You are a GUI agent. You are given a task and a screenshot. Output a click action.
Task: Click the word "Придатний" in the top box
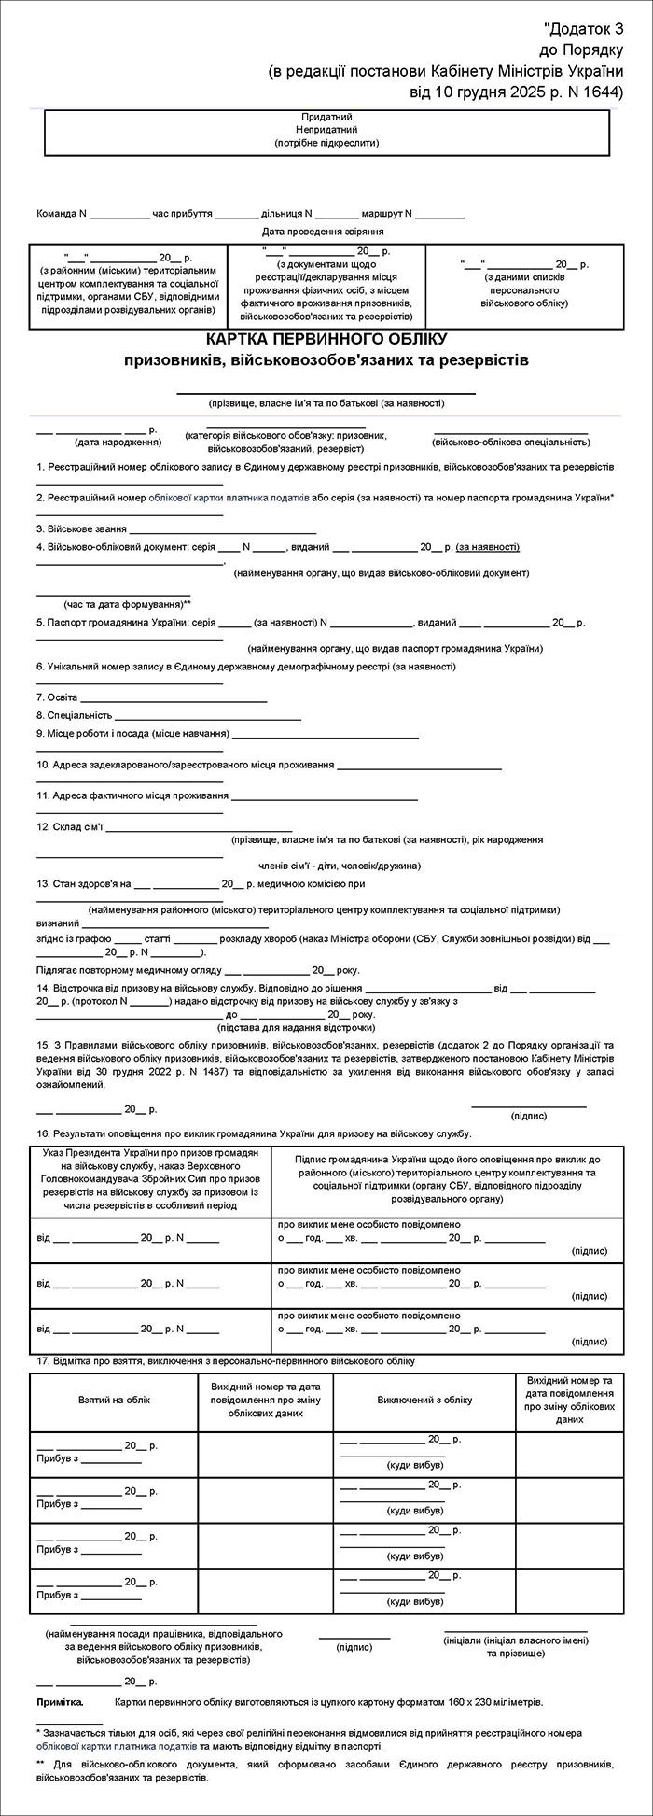click(x=326, y=117)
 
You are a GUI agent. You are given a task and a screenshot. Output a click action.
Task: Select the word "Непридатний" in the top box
click(x=326, y=130)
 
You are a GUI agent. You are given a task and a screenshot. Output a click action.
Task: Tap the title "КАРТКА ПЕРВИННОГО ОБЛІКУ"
click(x=326, y=338)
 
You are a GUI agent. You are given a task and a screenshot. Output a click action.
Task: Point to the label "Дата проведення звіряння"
click(x=323, y=231)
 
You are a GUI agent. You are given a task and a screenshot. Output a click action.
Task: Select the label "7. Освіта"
click(x=58, y=697)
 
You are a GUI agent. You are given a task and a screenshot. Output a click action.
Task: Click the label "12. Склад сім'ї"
click(x=70, y=826)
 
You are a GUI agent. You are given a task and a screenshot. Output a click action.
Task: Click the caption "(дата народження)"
click(x=112, y=442)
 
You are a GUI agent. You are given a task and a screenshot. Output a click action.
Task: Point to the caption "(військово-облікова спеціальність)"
click(x=511, y=442)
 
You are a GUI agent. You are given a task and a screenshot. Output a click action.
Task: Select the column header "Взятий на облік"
click(x=114, y=1400)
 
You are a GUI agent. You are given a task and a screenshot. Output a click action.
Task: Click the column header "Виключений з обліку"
click(x=424, y=1400)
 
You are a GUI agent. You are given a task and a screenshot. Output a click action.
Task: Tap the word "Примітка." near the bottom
click(x=60, y=1702)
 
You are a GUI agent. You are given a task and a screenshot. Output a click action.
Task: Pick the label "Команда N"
click(x=62, y=213)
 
